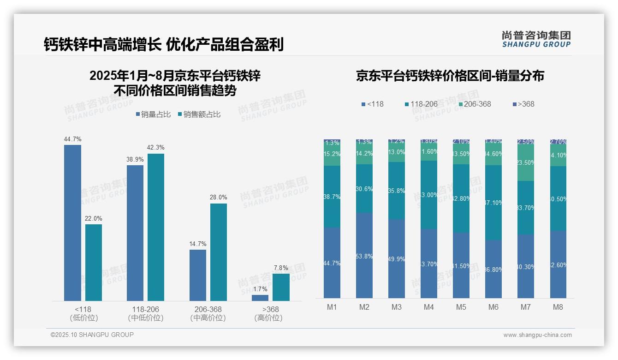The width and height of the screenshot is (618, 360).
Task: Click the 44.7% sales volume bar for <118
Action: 72,223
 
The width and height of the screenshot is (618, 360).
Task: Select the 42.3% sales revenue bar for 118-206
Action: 156,227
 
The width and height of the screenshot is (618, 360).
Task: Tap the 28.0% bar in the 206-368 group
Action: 219,252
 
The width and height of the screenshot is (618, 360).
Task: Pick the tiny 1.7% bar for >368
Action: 260,298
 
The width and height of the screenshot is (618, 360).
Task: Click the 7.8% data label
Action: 280,268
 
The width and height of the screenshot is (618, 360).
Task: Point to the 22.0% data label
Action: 93,218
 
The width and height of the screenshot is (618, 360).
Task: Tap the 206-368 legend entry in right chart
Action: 474,104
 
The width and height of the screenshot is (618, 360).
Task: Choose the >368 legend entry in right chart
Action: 523,104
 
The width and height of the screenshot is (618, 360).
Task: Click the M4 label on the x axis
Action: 429,307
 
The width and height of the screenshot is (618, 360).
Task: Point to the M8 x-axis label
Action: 558,307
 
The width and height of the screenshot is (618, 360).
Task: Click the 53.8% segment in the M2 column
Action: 364,255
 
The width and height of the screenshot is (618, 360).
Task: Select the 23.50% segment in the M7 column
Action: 526,162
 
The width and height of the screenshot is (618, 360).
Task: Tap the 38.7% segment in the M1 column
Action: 332,197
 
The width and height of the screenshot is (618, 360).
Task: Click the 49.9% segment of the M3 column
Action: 397,258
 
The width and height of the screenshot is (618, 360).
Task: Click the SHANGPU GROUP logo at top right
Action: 536,39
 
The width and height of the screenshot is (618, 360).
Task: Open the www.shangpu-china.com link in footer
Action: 537,335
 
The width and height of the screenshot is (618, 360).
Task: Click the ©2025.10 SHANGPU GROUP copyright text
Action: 92,335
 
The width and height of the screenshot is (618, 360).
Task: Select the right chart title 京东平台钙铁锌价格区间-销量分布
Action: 450,76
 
